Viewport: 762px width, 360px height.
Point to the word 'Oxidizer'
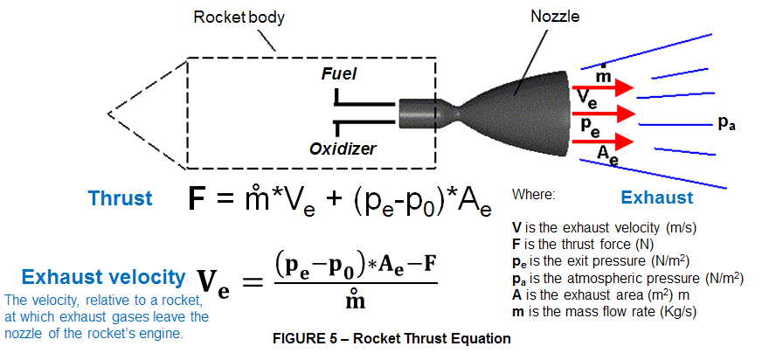343,149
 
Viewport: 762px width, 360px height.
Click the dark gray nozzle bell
524,109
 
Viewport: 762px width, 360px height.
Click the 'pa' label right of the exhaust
725,123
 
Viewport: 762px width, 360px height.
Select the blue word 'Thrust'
120,198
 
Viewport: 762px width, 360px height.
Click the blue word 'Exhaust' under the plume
656,197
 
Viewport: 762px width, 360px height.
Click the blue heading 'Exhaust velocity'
103,278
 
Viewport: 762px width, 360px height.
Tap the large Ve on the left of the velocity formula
213,281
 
